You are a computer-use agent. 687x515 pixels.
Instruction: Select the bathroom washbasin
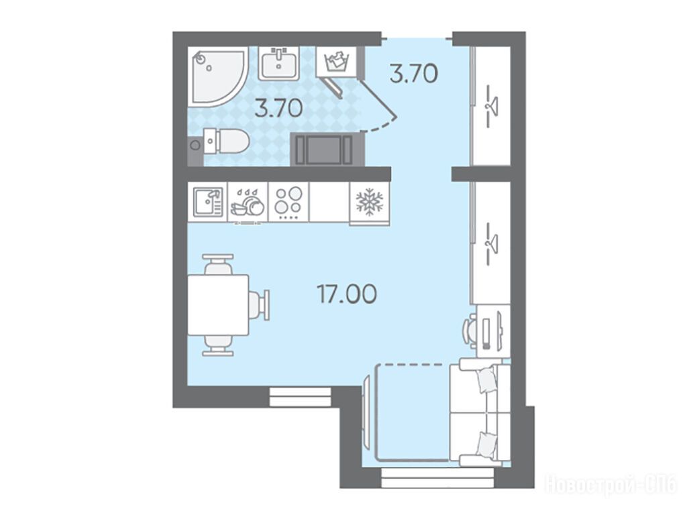click(278, 64)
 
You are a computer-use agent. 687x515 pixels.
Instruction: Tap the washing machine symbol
click(337, 62)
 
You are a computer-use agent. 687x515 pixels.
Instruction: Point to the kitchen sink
click(208, 202)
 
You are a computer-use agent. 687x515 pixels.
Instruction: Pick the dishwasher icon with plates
click(248, 203)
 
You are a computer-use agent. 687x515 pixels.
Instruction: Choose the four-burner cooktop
click(288, 203)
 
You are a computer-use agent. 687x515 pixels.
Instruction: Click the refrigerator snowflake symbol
click(370, 203)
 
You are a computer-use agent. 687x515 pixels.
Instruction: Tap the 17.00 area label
click(347, 294)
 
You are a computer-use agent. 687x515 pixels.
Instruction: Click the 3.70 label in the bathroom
click(278, 108)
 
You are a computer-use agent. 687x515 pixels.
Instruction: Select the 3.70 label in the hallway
click(413, 73)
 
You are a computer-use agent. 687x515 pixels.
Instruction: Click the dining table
click(218, 305)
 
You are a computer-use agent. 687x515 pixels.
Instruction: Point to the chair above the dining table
click(218, 264)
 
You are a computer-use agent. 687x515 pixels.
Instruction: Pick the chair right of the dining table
click(259, 305)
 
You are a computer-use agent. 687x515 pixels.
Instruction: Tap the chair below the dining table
click(218, 345)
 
